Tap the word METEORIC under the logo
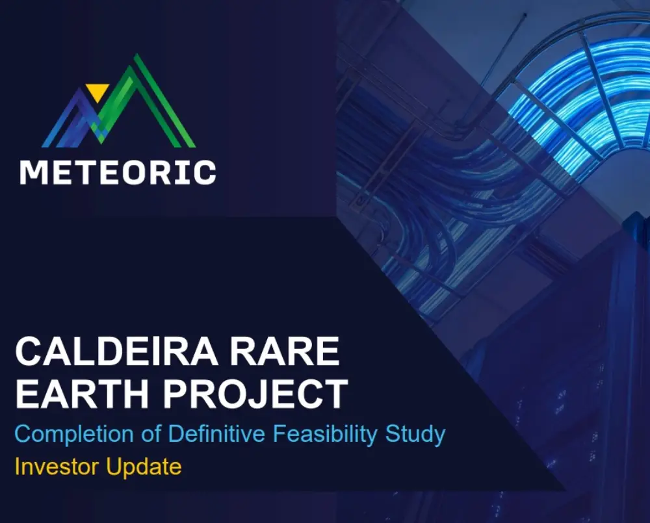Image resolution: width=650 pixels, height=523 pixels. [118, 172]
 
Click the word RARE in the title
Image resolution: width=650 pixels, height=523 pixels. [285, 351]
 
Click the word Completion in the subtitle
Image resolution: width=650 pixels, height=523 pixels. [74, 435]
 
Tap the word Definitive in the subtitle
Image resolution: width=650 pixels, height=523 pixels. [216, 433]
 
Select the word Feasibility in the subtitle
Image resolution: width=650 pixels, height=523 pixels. [325, 435]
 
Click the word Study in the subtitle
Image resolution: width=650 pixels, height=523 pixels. [415, 435]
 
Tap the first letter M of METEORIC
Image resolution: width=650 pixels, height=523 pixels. [34, 172]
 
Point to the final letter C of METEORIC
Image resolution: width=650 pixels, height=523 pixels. [204, 172]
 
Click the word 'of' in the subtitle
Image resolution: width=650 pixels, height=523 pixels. [151, 433]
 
